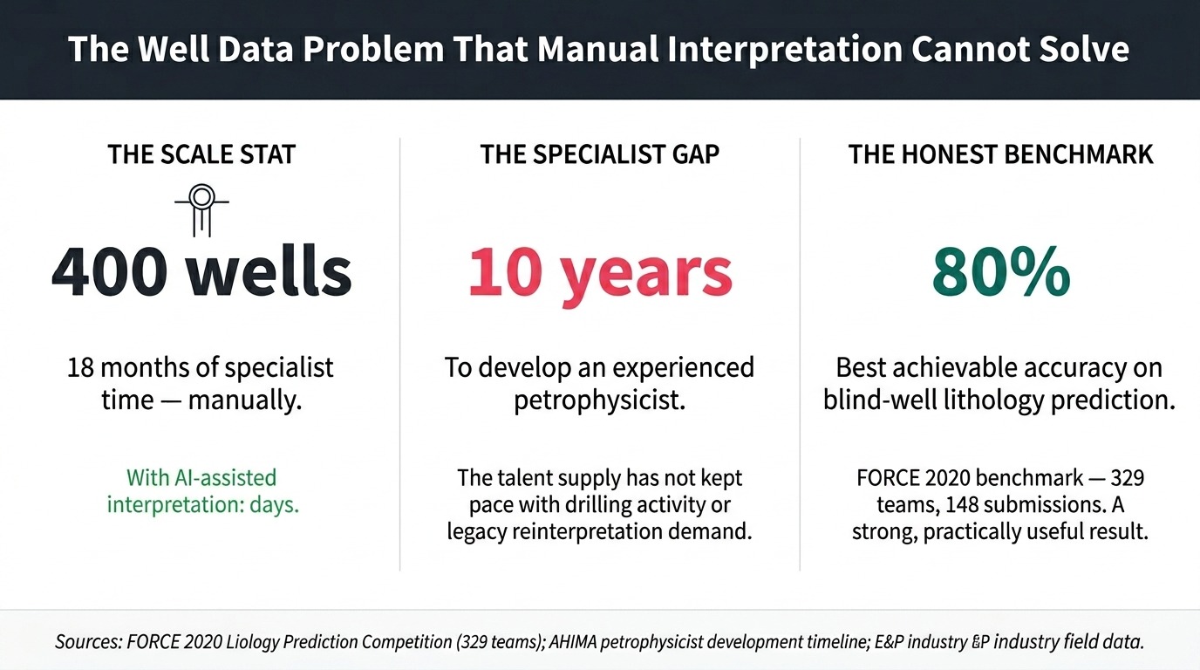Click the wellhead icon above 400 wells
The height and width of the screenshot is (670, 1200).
click(201, 207)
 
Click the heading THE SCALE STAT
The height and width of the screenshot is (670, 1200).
click(201, 155)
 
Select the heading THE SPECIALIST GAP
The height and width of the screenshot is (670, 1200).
click(600, 155)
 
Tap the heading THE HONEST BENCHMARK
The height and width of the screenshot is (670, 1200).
click(1000, 155)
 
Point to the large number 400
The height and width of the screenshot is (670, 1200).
click(109, 271)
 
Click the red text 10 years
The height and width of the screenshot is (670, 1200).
click(600, 271)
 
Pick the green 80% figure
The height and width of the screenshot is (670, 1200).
click(1000, 271)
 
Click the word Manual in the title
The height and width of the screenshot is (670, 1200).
click(598, 49)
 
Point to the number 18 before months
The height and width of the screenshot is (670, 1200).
click(82, 367)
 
